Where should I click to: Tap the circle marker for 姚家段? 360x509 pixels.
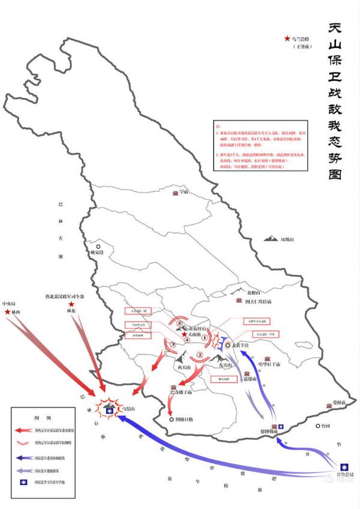(x=99, y=246)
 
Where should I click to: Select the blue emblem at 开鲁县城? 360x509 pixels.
(x=344, y=467)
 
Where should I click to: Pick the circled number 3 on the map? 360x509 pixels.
(x=172, y=345)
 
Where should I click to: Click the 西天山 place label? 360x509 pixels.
(x=184, y=367)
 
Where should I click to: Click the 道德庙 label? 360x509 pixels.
(x=250, y=379)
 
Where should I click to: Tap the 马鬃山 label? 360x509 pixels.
(x=127, y=408)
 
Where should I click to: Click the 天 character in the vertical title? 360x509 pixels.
(x=336, y=29)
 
